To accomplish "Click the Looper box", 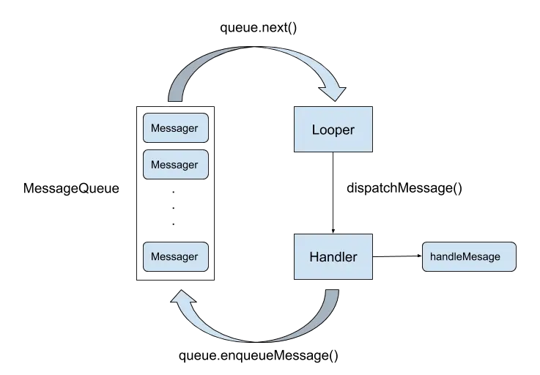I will click(x=333, y=129).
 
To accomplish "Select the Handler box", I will click(x=333, y=257).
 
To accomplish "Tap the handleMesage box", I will click(x=469, y=257).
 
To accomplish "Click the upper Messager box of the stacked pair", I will click(x=174, y=128).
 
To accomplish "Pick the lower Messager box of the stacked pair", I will click(x=174, y=165).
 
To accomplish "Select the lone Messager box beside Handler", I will click(x=174, y=257).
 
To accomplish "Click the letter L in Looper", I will click(x=316, y=130).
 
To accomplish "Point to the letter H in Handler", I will click(x=314, y=257).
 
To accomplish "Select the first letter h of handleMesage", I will click(x=433, y=257).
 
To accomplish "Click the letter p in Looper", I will click(x=337, y=131).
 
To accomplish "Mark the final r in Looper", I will click(x=352, y=130).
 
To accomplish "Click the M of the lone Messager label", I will click(x=155, y=257).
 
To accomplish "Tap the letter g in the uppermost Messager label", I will click(x=184, y=130).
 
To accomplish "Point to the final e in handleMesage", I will click(x=498, y=257).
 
